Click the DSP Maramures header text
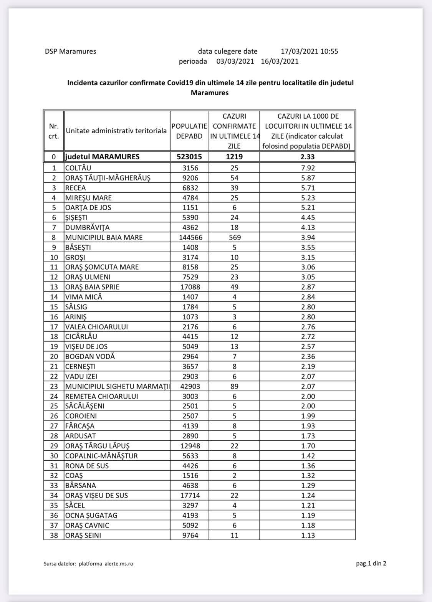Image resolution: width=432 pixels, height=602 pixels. (70, 51)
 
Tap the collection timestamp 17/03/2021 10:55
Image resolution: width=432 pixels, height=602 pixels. (309, 51)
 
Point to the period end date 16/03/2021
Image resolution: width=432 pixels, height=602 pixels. (279, 61)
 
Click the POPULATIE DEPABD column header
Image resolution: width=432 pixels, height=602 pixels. (189, 131)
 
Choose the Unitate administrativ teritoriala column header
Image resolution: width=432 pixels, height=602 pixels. (116, 131)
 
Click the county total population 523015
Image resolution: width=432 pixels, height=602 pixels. (189, 157)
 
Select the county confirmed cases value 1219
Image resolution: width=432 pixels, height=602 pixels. (234, 157)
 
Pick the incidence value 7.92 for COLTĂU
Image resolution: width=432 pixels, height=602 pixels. (308, 168)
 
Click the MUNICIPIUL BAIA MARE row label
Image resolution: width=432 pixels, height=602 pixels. (104, 238)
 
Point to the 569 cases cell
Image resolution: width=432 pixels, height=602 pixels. (234, 238)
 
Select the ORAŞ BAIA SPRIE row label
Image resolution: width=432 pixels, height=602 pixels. (95, 287)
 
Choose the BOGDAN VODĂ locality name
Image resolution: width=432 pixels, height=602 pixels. (90, 357)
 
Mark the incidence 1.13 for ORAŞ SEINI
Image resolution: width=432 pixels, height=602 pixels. (308, 535)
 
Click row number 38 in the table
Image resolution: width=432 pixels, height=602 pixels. (54, 535)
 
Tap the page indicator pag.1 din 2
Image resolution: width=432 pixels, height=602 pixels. (371, 564)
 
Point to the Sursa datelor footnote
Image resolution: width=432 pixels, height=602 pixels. (89, 564)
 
